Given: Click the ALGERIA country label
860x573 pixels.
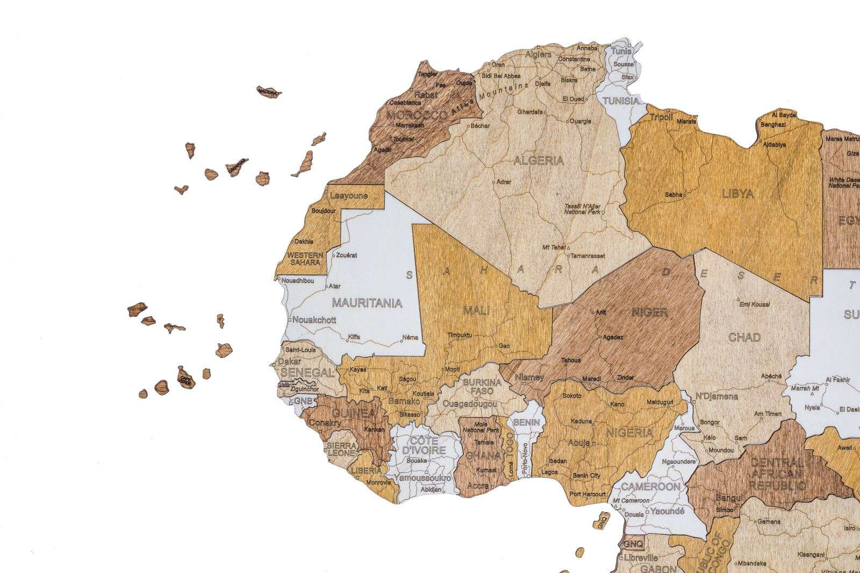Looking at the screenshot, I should coord(539,160).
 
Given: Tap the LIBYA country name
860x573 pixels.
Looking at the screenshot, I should coord(737,194).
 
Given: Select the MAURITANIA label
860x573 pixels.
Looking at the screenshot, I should coord(367,303).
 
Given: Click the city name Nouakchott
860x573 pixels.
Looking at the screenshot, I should coord(314,320).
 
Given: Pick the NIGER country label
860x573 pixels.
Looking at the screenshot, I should coord(649,312).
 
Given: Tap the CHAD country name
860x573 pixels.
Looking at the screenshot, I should coord(744,337).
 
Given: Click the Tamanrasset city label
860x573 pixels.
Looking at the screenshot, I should coord(587,256).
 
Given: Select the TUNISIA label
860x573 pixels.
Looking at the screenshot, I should coord(621,101).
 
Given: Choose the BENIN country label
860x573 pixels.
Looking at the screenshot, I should coord(526,422).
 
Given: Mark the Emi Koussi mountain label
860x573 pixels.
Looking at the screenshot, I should coord(755,305).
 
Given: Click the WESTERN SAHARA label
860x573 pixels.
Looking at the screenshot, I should coord(305,258).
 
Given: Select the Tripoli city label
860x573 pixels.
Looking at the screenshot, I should coord(661,117).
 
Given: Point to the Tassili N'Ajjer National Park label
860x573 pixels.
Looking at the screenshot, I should coord(582,209).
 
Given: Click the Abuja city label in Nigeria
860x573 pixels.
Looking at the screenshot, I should coord(579,443).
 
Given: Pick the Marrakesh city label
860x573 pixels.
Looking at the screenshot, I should coord(410,125).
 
